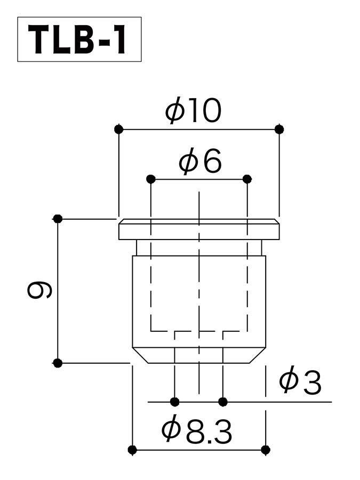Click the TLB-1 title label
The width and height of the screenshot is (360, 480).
[x=79, y=39]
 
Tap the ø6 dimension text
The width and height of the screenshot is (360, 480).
[x=200, y=162]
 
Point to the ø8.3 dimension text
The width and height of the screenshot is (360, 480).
[x=197, y=431]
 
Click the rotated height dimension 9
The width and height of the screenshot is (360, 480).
[x=39, y=290]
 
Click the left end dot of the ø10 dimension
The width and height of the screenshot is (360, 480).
[x=118, y=129]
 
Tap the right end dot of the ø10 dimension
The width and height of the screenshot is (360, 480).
[x=279, y=129]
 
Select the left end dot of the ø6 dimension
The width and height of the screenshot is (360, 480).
[x=151, y=179]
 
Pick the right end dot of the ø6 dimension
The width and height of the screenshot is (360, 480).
[x=247, y=179]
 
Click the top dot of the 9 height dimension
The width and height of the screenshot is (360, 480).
[x=58, y=219]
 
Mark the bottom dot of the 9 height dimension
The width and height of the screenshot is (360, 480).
[x=58, y=363]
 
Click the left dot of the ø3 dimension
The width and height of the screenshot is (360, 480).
[x=174, y=401]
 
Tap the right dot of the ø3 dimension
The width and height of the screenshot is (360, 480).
[x=223, y=401]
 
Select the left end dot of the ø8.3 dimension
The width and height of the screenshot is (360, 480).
[x=133, y=450]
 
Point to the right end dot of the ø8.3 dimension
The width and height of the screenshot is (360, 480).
[x=265, y=450]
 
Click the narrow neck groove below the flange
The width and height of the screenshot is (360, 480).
[x=198, y=248]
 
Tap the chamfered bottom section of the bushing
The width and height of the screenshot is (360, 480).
[x=198, y=355]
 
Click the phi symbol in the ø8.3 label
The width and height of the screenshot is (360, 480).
[x=170, y=430]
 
